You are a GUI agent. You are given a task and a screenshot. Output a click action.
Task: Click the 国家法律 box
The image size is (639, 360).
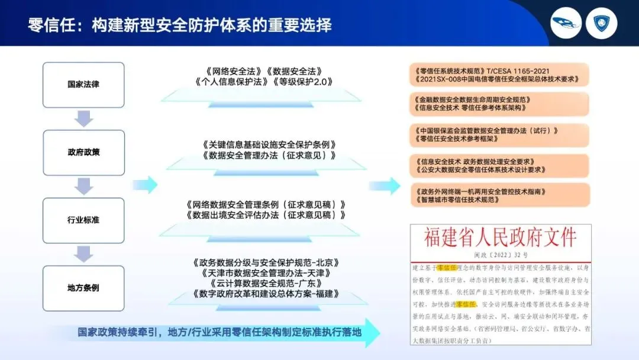pos(83,84)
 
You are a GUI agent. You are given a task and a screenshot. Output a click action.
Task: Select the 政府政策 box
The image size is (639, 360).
pos(83,152)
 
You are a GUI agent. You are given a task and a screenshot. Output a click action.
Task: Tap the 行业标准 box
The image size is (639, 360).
pos(83,220)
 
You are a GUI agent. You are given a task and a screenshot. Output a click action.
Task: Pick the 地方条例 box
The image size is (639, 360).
pos(83,288)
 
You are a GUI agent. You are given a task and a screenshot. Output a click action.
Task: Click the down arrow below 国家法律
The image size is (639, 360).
pos(84,118)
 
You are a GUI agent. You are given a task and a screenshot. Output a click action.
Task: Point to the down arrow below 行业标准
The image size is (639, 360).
pos(84,254)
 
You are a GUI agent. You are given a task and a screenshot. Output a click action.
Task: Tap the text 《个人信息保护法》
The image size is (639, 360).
pos(228,81)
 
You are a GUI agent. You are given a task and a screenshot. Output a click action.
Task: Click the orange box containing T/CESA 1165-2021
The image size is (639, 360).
pos(499,73)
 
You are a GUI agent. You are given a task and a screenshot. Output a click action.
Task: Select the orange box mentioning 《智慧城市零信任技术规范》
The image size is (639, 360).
pos(499,195)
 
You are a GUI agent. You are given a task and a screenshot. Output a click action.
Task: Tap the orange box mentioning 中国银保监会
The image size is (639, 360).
pos(499,135)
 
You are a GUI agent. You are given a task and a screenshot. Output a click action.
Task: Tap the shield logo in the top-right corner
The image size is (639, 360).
pos(605,24)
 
